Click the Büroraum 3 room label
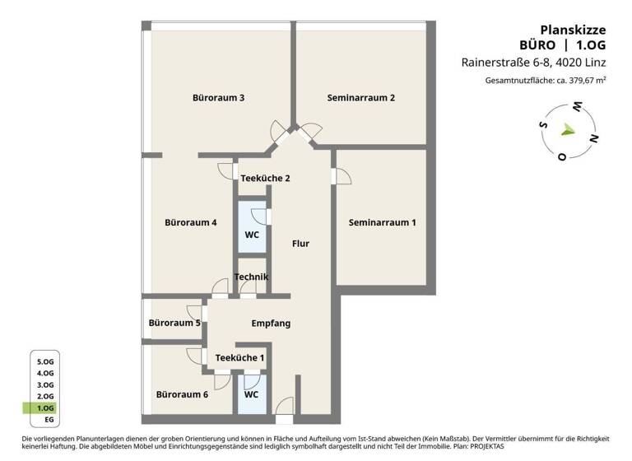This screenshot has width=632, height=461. [x=218, y=98]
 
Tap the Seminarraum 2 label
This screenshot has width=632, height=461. [x=361, y=98]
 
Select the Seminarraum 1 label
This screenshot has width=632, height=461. [x=382, y=222]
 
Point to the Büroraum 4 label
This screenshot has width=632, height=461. [x=191, y=222]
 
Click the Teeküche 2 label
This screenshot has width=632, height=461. [x=265, y=178]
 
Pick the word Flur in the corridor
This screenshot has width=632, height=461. [x=300, y=244]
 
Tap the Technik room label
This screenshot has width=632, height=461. [x=251, y=277]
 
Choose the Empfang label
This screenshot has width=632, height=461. [x=271, y=324]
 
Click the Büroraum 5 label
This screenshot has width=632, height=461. [x=174, y=324]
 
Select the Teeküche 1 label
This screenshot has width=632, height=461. [x=239, y=357]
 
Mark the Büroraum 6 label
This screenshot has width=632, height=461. [x=182, y=394]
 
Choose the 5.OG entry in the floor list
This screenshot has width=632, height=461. [x=45, y=361]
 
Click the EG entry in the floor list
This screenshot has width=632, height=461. [x=49, y=420]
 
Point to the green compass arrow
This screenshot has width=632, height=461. [x=568, y=129]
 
